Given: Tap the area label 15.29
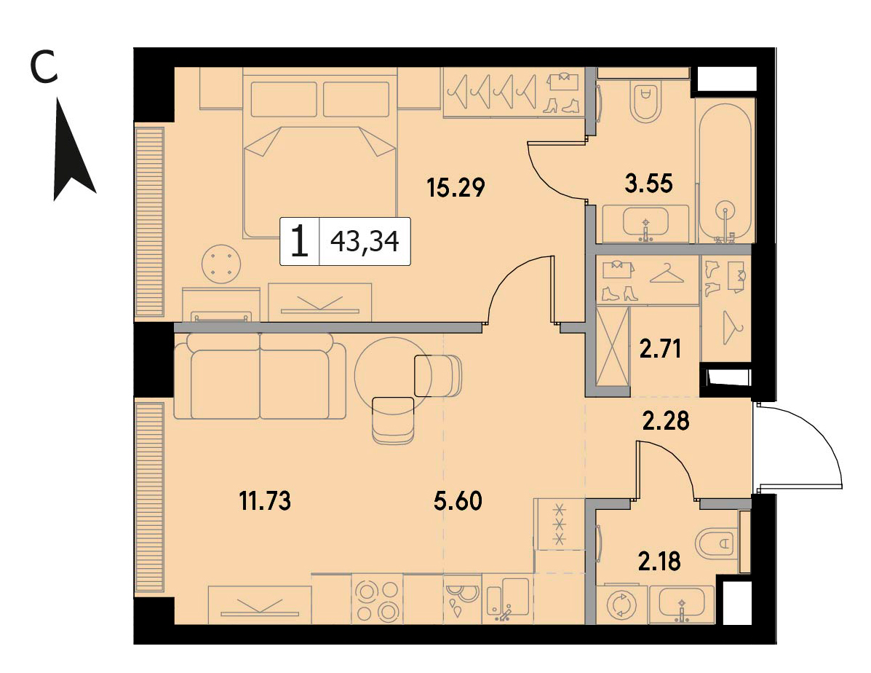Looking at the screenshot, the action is tap(456, 187).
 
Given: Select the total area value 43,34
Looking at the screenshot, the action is tap(365, 241).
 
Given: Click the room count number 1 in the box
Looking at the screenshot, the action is tap(299, 241).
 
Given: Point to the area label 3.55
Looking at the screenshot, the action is tap(648, 183).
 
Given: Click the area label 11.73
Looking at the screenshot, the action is tap(265, 501).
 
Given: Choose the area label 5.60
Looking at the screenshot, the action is tap(458, 501).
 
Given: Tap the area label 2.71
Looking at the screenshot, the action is tap(660, 350).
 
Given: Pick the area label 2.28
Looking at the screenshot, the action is tap(666, 420).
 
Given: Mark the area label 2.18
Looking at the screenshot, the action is tap(659, 562).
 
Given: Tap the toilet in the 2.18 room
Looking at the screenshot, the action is tap(717, 543).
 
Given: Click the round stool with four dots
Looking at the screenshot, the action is tap(222, 264).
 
